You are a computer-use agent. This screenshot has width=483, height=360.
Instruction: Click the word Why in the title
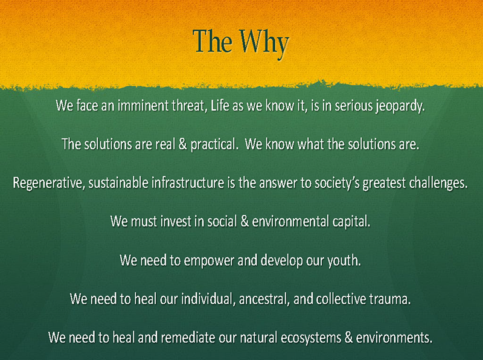click(264, 43)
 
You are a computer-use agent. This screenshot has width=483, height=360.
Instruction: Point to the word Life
click(220, 106)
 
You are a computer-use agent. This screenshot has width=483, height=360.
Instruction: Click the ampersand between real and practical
click(183, 144)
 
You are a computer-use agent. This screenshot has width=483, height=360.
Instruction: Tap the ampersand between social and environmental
click(245, 221)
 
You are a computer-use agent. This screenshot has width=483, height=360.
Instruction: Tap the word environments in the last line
click(394, 338)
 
